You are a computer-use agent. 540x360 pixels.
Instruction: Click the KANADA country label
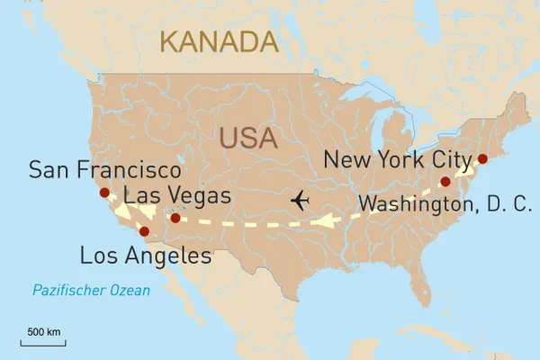(218, 40)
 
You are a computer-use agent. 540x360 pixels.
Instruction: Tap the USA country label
(249, 139)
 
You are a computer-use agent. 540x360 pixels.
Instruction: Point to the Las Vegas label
(177, 195)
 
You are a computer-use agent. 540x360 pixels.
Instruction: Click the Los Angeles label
(146, 256)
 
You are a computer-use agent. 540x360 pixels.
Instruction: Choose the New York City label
(397, 160)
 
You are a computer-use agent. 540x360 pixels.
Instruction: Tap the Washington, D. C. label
(445, 204)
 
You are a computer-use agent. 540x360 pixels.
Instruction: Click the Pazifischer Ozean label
(91, 291)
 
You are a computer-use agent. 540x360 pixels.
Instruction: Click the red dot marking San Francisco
(104, 193)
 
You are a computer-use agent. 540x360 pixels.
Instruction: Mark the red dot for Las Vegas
(175, 217)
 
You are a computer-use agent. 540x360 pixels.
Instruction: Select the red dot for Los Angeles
(144, 231)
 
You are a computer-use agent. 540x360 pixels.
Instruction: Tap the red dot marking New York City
(481, 159)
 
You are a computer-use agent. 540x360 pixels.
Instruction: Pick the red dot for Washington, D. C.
(445, 182)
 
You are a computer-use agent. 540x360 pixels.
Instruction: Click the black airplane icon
(300, 199)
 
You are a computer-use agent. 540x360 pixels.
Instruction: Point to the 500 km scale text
(42, 333)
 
